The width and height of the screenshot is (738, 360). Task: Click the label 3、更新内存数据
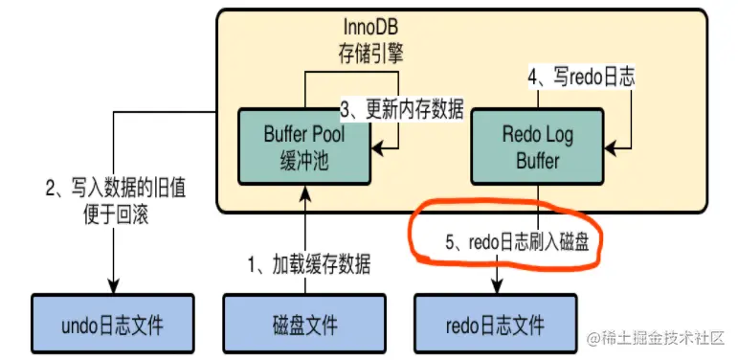(x=402, y=110)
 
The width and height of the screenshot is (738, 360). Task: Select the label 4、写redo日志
(x=581, y=78)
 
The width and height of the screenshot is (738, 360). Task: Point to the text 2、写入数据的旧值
(x=114, y=189)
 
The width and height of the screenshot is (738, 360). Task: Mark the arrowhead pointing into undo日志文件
(x=114, y=285)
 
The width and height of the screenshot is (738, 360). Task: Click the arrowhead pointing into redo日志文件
(x=497, y=285)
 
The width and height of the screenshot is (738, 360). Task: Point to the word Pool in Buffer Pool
(x=327, y=135)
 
